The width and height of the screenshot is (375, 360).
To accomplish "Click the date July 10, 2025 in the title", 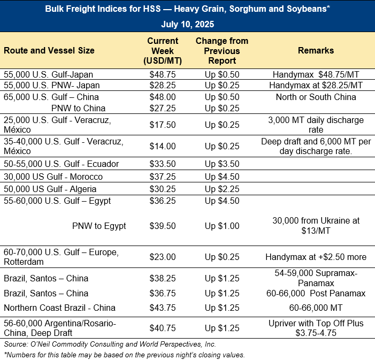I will (187, 24).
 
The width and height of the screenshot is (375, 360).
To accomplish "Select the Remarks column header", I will (316, 50).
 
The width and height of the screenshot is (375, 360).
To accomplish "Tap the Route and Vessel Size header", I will (49, 50).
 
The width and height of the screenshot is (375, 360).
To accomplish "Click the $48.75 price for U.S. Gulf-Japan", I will (164, 75).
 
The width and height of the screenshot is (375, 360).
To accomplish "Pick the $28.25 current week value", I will (164, 85).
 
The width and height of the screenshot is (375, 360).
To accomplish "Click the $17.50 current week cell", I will (164, 124).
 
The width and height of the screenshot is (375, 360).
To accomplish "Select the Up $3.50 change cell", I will (221, 164).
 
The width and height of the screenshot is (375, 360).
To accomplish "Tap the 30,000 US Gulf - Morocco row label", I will (53, 177).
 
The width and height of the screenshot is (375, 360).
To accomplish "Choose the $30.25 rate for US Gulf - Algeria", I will (164, 189).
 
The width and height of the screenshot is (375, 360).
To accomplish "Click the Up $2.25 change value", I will (221, 189).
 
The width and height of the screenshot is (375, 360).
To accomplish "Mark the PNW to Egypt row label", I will (99, 226).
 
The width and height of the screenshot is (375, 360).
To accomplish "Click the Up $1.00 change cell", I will (221, 226).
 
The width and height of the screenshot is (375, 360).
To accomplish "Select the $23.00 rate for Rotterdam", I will (164, 257).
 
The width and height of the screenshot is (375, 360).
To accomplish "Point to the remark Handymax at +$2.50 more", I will (316, 257).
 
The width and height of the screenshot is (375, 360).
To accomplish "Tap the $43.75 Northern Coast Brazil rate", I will (164, 308).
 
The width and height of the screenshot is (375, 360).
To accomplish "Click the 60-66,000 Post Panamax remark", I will (316, 293).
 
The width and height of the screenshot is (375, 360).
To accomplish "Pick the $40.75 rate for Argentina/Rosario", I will (164, 327).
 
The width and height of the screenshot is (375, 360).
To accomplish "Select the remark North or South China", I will (316, 97).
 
